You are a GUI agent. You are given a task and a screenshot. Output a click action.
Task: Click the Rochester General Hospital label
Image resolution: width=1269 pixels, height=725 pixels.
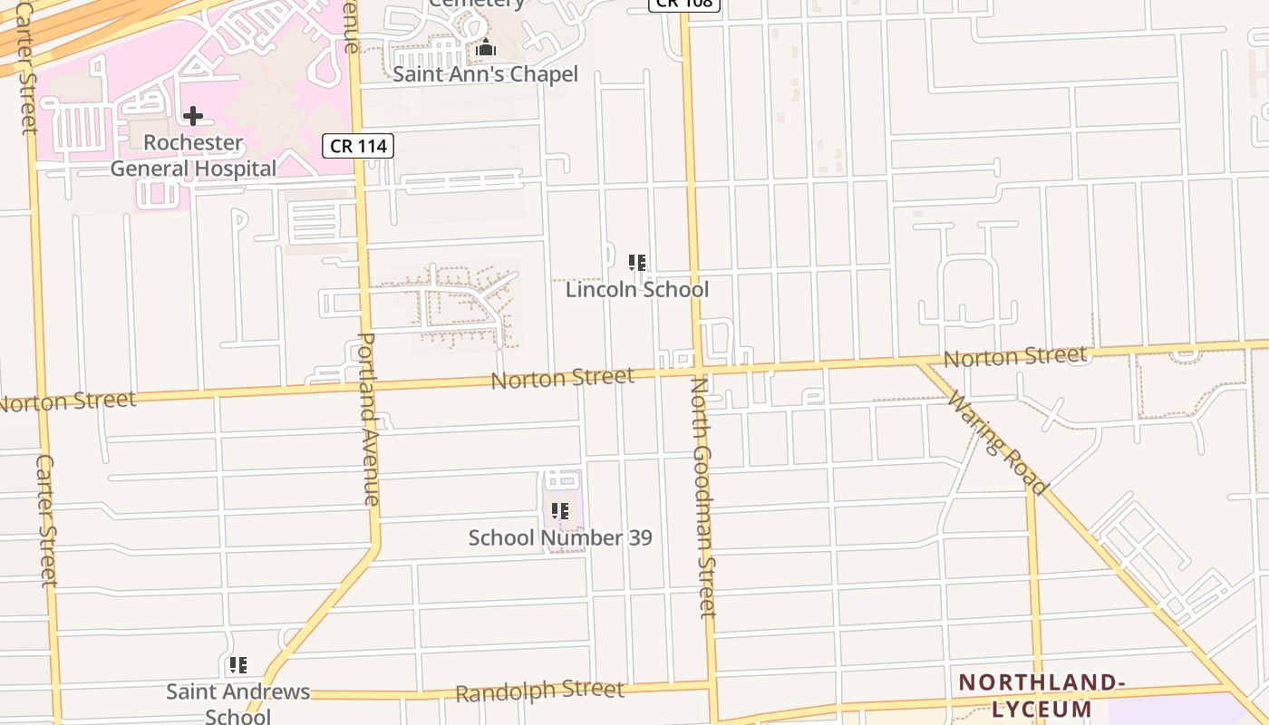pyautogui.click(x=193, y=156)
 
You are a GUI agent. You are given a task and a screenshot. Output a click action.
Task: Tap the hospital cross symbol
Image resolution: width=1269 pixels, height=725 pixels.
pyautogui.click(x=192, y=116)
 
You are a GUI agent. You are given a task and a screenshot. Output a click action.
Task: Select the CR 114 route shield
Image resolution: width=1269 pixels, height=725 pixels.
pyautogui.click(x=358, y=145)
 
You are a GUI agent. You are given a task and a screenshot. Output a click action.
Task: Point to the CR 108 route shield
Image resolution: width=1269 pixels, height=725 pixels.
pyautogui.click(x=684, y=4)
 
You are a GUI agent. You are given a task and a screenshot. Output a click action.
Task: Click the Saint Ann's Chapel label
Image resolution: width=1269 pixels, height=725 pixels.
pyautogui.click(x=485, y=74)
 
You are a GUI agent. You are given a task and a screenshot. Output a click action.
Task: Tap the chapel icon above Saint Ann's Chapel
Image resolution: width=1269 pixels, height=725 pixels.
pyautogui.click(x=486, y=48)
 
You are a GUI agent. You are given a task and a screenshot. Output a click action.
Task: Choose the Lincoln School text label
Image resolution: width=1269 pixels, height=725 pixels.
pyautogui.click(x=637, y=290)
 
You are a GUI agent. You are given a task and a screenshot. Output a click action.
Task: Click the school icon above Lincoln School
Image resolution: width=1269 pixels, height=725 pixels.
pyautogui.click(x=637, y=263)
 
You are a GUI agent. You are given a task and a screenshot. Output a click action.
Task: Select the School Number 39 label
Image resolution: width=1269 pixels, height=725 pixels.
pyautogui.click(x=560, y=537)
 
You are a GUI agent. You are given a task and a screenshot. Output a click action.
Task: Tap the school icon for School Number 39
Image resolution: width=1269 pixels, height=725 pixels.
pyautogui.click(x=560, y=511)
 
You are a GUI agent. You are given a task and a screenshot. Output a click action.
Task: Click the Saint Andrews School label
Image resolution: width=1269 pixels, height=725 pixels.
pyautogui.click(x=237, y=703)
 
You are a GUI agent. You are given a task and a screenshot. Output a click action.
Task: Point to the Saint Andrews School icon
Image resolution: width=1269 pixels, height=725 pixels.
pyautogui.click(x=238, y=666)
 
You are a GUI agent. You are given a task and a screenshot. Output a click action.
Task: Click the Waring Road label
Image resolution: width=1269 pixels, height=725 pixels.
pyautogui.click(x=997, y=444)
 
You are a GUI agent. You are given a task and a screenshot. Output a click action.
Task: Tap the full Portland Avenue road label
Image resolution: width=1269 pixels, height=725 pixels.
pyautogui.click(x=369, y=419)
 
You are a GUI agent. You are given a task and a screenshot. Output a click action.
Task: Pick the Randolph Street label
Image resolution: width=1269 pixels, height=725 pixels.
pyautogui.click(x=539, y=691)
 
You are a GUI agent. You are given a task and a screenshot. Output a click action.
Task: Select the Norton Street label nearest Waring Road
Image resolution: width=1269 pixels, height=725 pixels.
pyautogui.click(x=1014, y=356)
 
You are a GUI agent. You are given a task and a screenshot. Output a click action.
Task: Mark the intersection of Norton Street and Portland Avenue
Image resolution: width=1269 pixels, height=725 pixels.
pyautogui.click(x=365, y=386)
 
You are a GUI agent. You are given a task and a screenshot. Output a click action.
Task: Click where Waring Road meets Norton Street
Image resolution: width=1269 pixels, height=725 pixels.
pyautogui.click(x=921, y=362)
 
